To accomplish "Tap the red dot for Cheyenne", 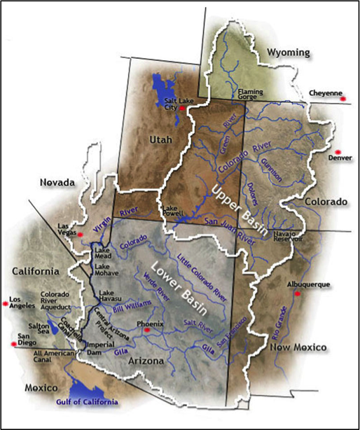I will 343,99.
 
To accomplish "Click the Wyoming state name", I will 286,53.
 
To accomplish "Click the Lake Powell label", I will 173,211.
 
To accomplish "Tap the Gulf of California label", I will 88,403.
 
